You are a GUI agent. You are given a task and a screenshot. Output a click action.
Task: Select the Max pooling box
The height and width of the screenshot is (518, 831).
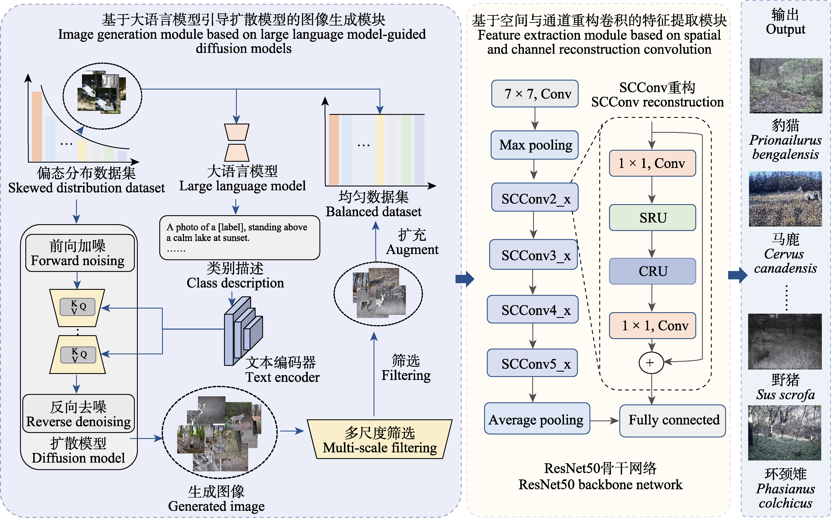click(x=535, y=145)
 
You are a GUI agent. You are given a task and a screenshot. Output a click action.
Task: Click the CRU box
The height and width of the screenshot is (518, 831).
click(x=652, y=271)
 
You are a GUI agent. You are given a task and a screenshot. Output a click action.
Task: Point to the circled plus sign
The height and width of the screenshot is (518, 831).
click(x=651, y=362)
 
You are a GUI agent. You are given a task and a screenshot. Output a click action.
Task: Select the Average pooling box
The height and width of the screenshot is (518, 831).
click(x=536, y=419)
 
